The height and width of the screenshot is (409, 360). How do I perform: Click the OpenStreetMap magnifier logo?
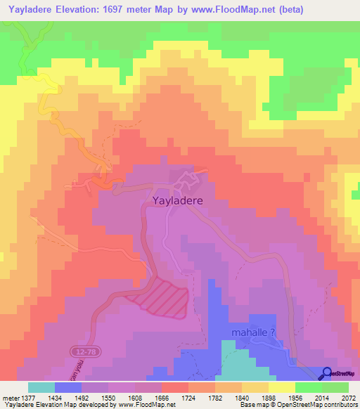[326, 373]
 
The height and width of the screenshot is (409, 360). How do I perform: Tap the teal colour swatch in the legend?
[41, 387]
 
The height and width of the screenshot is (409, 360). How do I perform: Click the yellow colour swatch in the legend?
[282, 387]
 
